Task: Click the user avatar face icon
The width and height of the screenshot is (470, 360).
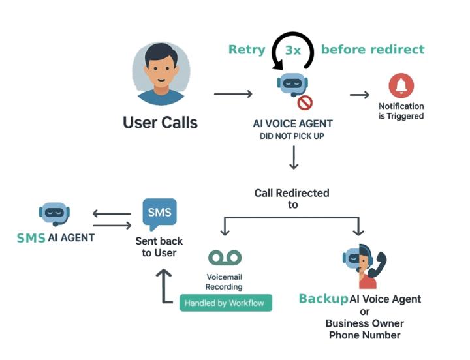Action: (x=161, y=74)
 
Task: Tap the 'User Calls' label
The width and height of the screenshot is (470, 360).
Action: (x=160, y=122)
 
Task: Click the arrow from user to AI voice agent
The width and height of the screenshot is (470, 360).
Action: (x=233, y=94)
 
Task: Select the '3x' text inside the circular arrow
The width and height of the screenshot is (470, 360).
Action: (x=292, y=50)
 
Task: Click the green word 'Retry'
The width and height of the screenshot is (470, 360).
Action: (x=246, y=50)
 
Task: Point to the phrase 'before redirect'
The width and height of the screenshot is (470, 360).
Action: (x=373, y=50)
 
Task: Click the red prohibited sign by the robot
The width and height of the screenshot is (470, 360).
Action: (x=305, y=102)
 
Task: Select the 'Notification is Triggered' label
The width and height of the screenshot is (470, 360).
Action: (x=401, y=111)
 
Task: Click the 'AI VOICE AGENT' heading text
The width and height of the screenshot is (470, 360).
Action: (x=292, y=124)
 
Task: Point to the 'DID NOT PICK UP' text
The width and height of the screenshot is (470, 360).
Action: (x=292, y=136)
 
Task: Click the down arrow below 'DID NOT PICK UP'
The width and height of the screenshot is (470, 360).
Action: (x=293, y=157)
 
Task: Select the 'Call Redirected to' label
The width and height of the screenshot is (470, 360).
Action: (x=292, y=198)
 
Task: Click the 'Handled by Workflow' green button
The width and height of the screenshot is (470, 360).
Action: (x=226, y=303)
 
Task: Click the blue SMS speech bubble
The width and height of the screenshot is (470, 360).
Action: (x=159, y=214)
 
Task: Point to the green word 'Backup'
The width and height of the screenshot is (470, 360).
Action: (x=322, y=299)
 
